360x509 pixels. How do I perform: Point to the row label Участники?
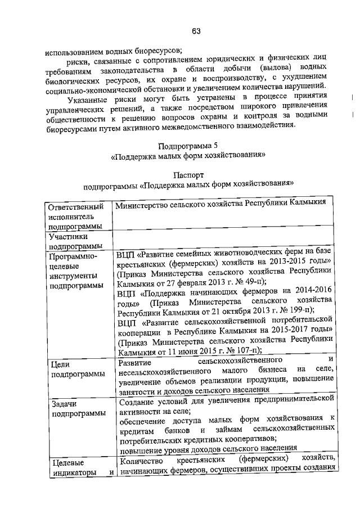(67, 237)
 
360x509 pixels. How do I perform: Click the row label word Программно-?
(73, 256)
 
